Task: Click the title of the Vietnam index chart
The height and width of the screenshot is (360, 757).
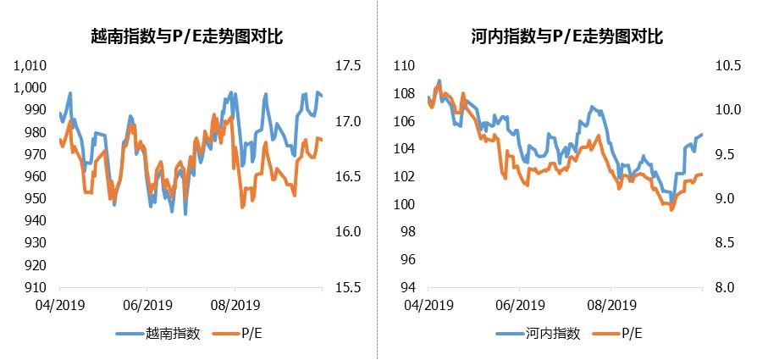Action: pos(187,36)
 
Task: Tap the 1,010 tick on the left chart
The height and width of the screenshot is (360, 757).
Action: pos(30,66)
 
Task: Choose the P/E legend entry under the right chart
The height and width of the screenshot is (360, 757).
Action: pos(630,334)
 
